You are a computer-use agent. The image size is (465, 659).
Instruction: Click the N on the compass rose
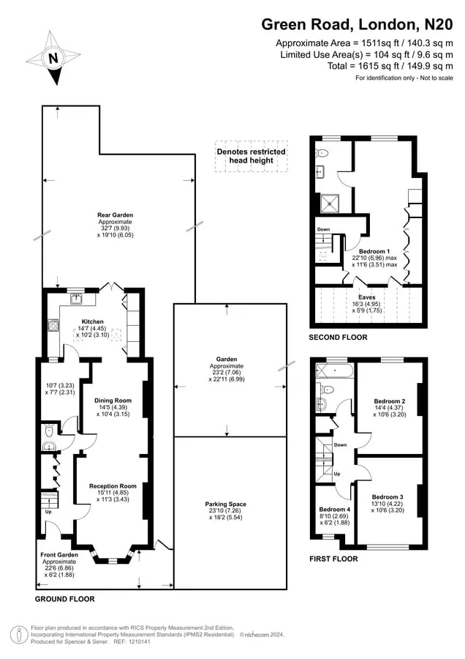[53, 58]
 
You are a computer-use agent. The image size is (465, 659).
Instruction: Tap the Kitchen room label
[92, 321]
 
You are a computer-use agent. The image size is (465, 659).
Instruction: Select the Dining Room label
[113, 401]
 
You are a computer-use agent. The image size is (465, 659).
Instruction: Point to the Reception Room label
[113, 486]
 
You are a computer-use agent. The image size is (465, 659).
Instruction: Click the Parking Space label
[226, 504]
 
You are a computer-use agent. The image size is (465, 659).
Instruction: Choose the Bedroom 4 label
[334, 510]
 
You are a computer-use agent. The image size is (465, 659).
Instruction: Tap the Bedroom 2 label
[390, 401]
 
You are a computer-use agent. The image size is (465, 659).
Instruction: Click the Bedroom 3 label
[387, 496]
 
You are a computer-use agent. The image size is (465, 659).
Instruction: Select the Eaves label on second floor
[367, 297]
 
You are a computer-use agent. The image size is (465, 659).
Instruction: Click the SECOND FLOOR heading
[338, 337]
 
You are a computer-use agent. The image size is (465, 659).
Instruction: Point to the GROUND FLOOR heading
[64, 599]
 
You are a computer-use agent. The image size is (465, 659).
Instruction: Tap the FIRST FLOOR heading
[333, 559]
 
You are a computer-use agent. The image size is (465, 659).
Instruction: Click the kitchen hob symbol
[53, 325]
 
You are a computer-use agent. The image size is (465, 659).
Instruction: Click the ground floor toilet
[49, 431]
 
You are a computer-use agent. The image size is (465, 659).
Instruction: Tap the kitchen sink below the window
[76, 299]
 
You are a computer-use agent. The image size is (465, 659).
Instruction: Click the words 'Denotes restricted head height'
[251, 156]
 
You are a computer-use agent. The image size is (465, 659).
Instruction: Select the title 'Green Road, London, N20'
[357, 24]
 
